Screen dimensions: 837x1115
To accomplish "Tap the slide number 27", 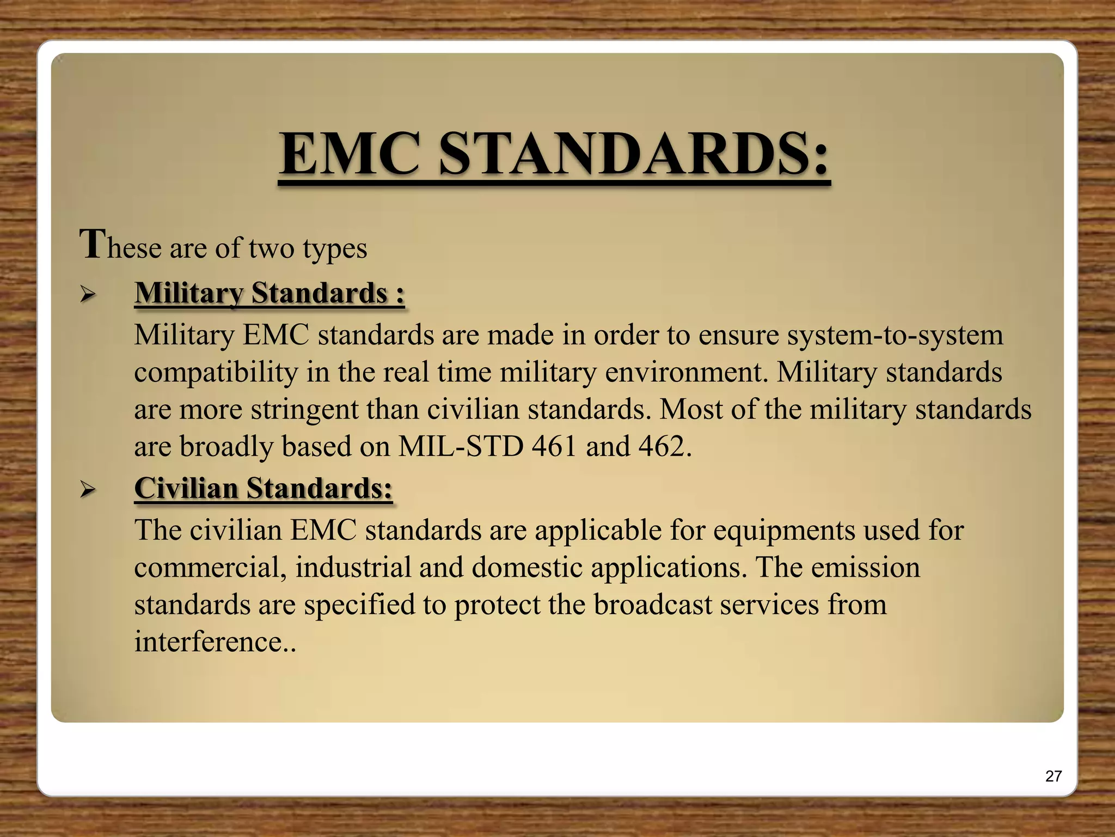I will (1053, 776).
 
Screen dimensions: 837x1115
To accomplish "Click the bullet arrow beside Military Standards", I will (87, 295).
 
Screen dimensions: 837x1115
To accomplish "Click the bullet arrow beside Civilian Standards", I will (87, 490).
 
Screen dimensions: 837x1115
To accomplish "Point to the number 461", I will (554, 446).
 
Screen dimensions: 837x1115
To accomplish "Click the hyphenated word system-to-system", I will (851, 335).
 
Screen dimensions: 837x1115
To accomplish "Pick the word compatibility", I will (216, 373).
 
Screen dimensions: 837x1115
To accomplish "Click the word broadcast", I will (653, 605).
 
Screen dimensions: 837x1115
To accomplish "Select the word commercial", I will (210, 568).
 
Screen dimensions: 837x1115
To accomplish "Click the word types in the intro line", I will (335, 248).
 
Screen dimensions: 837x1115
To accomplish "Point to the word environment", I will (683, 373).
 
